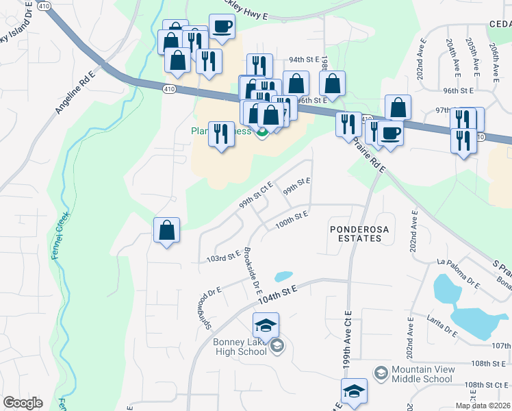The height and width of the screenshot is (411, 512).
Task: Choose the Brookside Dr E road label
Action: [x=253, y=268]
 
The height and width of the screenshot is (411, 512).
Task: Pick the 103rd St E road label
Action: [x=223, y=258]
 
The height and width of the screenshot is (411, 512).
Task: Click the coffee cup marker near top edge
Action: [x=222, y=27]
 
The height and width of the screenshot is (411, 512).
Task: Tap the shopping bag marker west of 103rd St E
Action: [x=167, y=231]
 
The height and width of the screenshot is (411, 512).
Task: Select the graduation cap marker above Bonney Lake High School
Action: [x=266, y=325]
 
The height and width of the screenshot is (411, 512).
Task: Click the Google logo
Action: [x=23, y=403]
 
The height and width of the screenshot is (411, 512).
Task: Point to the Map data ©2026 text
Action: [x=483, y=406]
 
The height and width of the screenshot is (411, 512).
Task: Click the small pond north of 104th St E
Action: [x=283, y=277]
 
